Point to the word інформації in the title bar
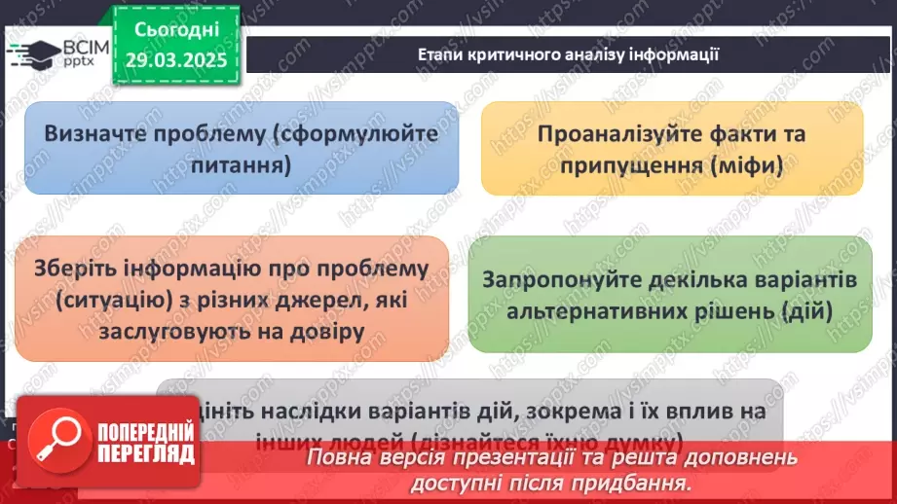click(676, 54)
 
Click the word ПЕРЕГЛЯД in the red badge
click(146, 455)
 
